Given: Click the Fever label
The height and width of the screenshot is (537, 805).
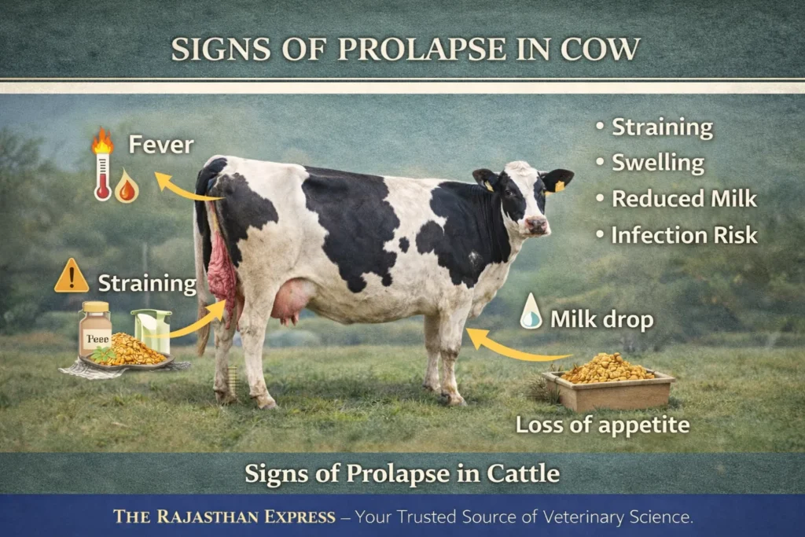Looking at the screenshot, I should tap(160, 145).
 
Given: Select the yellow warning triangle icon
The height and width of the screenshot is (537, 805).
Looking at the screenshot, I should tap(72, 277).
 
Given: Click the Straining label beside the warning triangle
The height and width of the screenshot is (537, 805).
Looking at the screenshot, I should tap(146, 283).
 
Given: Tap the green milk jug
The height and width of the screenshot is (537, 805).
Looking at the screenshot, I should tap(152, 330).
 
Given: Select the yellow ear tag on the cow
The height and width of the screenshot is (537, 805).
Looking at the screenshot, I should tap(559, 187).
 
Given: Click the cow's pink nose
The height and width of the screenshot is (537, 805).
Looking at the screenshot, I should tap(537, 226).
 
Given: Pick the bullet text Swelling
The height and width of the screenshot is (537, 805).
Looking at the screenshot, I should tap(658, 164).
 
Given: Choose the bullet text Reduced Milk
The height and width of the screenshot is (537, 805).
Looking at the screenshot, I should tap(684, 199).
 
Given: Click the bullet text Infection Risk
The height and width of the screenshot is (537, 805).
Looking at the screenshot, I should tap(684, 234).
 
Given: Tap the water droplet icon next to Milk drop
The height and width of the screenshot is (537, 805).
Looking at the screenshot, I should tap(531, 311).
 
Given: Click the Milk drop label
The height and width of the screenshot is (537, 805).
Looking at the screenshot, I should tap(601, 319).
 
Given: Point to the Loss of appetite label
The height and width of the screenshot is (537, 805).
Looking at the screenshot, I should tap(602, 425).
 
